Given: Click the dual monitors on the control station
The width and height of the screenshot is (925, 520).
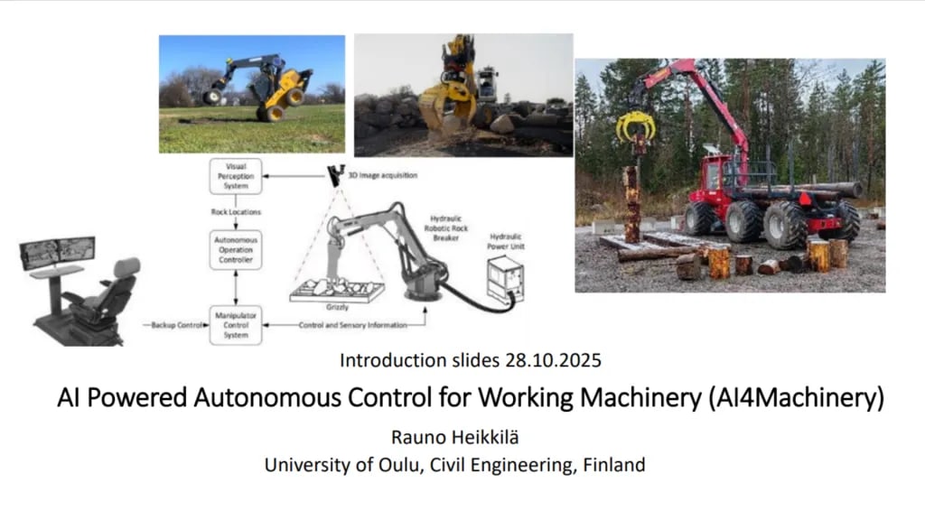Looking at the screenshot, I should click(56, 249).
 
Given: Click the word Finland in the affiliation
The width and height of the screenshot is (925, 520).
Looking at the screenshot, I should click(613, 466).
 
